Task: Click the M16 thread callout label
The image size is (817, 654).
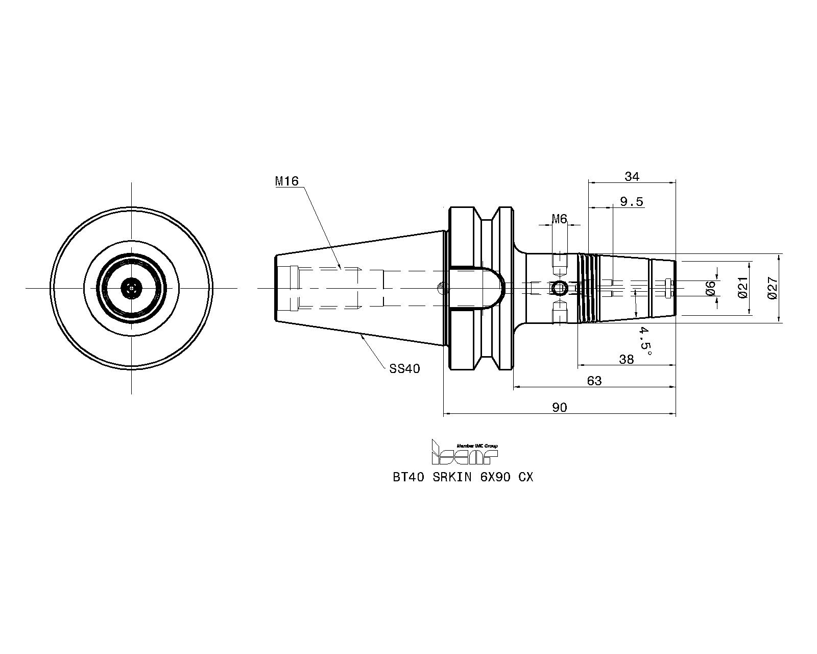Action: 287,181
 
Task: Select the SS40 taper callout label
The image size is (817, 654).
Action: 404,368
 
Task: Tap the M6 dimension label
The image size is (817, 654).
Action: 559,219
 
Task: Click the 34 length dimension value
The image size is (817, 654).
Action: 632,176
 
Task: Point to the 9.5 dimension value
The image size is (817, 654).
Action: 632,201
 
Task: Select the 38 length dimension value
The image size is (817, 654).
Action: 627,359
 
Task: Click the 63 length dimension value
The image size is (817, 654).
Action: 594,380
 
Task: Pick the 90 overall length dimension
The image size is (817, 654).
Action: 560,407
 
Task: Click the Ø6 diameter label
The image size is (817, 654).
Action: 710,288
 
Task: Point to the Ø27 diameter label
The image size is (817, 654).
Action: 773,288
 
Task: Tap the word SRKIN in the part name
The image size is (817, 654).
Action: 452,477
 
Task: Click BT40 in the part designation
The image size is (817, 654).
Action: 408,477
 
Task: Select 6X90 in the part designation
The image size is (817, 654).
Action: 495,477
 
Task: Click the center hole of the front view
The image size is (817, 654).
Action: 131,289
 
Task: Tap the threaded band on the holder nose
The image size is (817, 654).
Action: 588,288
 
